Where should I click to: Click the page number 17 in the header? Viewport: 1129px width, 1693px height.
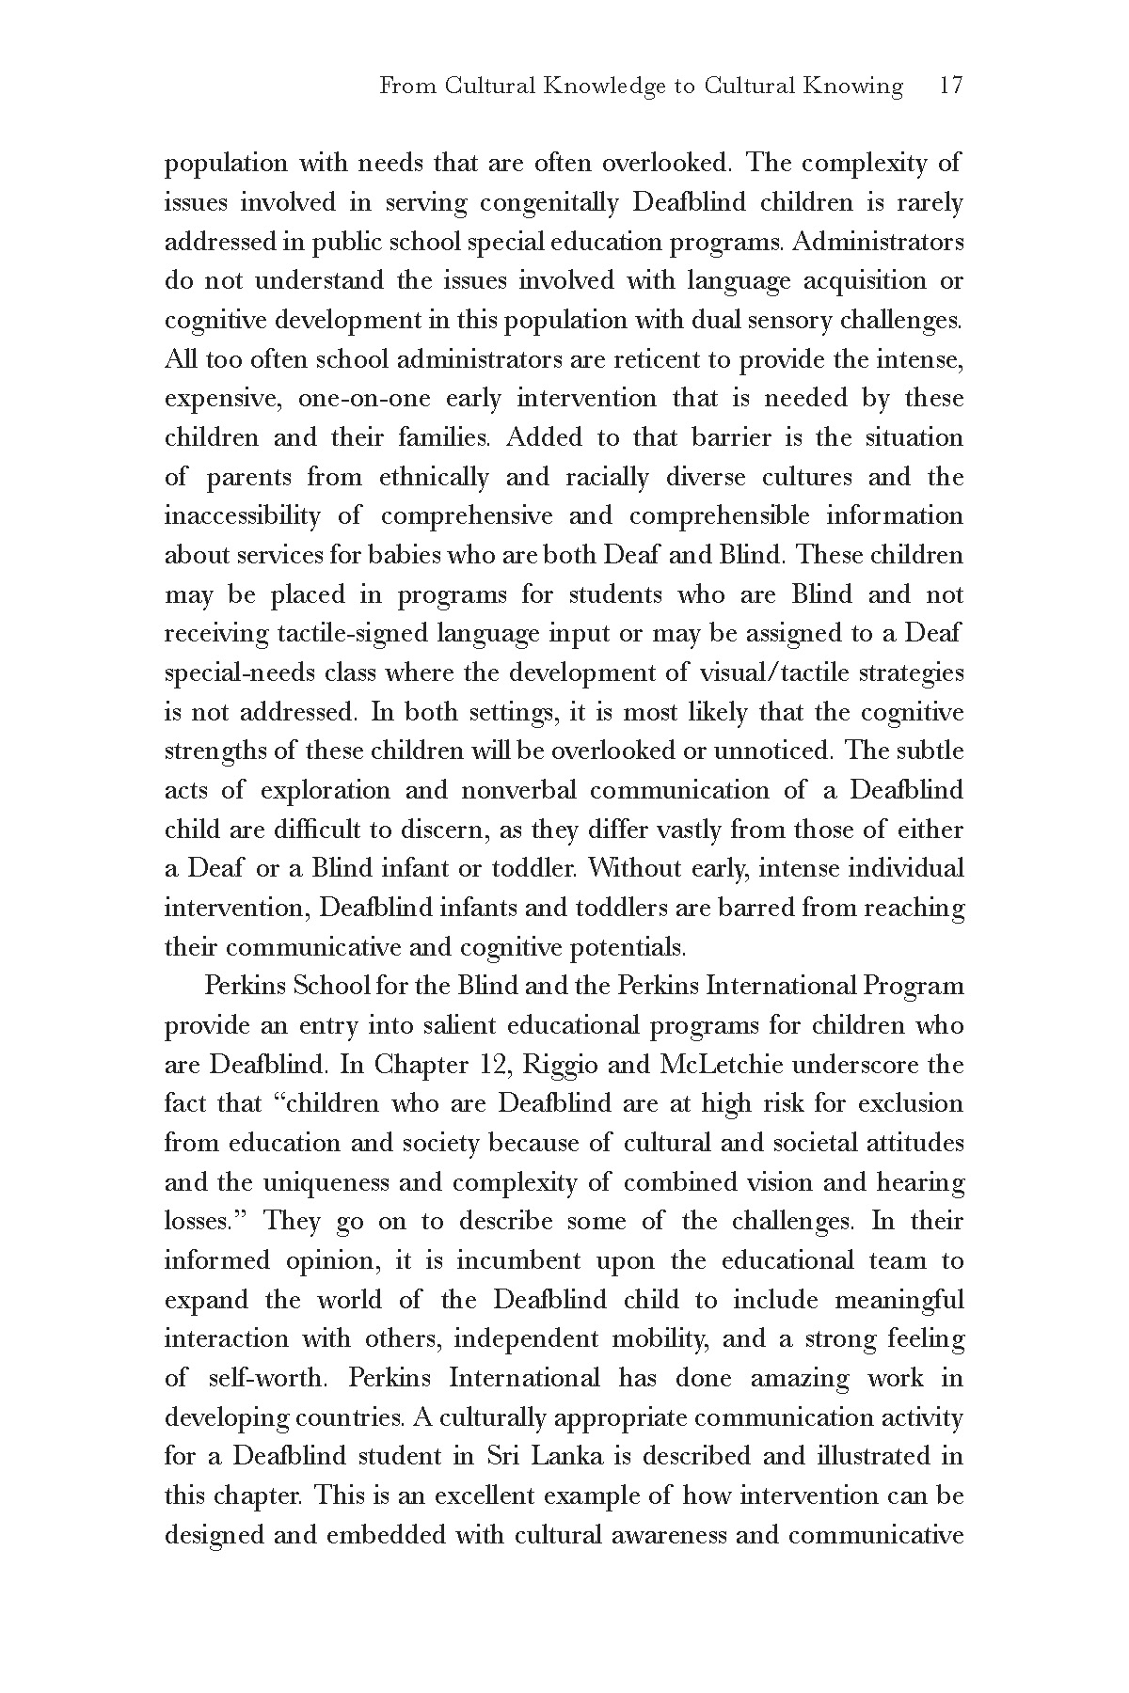[x=951, y=87]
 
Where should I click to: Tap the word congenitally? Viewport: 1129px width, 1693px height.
[x=549, y=202]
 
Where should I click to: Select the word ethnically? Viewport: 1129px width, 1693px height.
[x=434, y=477]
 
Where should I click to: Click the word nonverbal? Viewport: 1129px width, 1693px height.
[x=509, y=790]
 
